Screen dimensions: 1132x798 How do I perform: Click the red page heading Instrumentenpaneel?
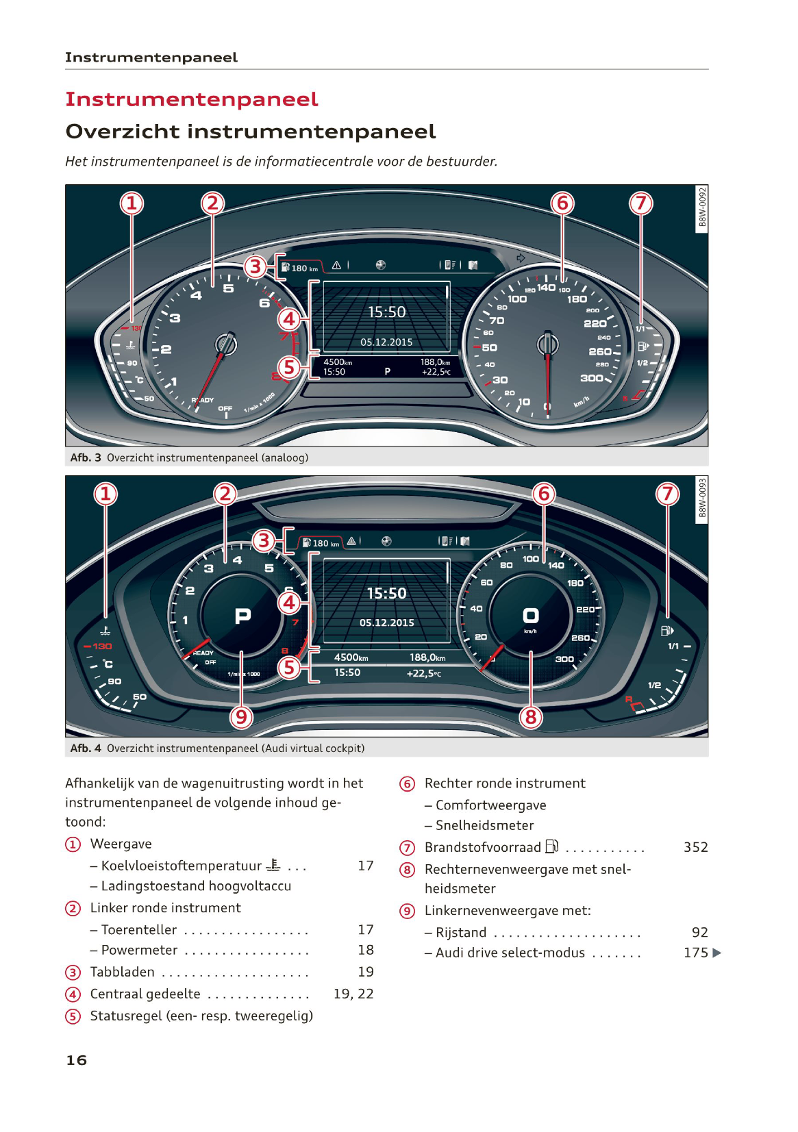click(192, 100)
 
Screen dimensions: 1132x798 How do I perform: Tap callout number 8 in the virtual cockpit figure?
click(531, 717)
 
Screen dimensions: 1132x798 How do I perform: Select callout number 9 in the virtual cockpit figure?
click(241, 717)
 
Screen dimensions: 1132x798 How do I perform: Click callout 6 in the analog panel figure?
click(562, 203)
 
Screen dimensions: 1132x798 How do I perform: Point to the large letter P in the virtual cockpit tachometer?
click(242, 616)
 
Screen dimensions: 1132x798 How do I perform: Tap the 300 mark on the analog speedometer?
click(591, 378)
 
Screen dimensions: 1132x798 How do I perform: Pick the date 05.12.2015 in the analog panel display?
click(386, 342)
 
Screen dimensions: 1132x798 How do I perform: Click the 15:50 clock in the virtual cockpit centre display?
click(386, 594)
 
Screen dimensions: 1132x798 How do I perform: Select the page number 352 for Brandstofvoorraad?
click(695, 848)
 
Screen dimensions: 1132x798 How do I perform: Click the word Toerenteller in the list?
click(139, 930)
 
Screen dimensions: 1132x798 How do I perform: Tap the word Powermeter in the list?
click(140, 951)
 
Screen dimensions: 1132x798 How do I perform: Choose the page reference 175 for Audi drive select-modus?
click(695, 953)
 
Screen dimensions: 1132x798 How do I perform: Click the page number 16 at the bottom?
click(77, 1061)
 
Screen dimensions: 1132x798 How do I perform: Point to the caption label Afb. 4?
click(86, 749)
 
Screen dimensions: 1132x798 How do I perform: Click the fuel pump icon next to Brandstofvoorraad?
click(552, 847)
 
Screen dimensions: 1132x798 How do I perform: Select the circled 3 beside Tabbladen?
click(73, 972)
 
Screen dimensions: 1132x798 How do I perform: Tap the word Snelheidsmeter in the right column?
click(484, 826)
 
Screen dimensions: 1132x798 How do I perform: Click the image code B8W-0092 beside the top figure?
click(702, 208)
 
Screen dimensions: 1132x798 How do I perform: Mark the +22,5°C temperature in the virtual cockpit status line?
click(424, 674)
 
